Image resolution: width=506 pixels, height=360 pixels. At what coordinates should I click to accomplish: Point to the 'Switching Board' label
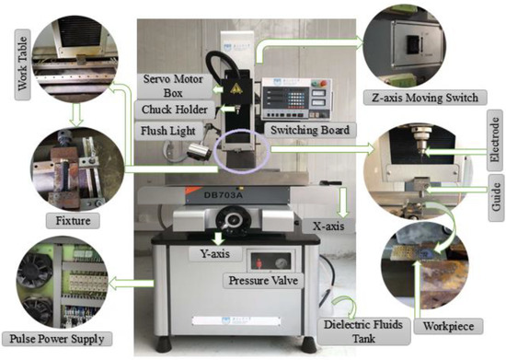pos(307,131)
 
